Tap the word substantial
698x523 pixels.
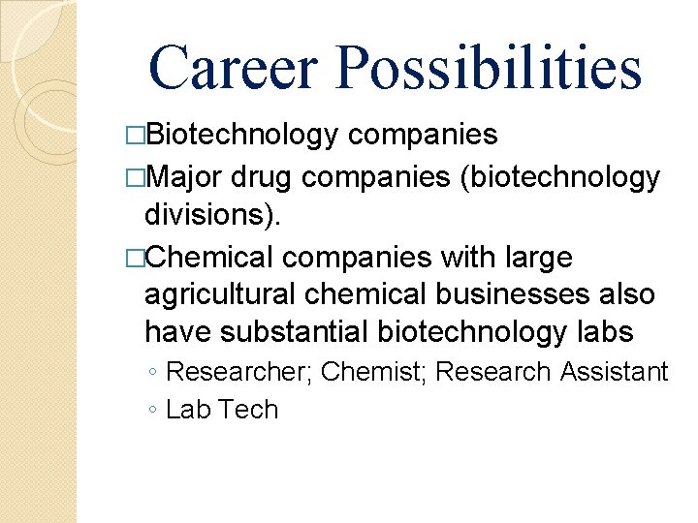[293, 331]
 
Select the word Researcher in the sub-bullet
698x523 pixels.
[238, 372]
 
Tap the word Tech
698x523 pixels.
[249, 410]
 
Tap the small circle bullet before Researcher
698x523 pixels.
[154, 373]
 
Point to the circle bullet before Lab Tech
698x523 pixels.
[154, 411]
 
